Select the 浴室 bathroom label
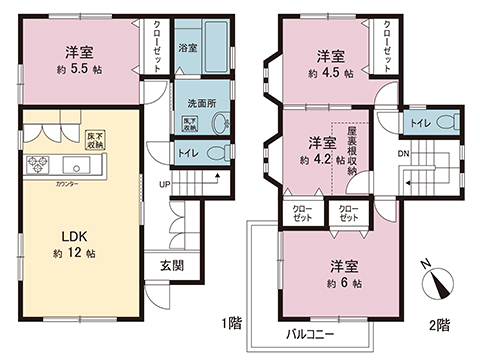click(187, 47)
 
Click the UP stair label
click(164, 183)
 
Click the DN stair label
click(404, 154)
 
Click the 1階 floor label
click(233, 321)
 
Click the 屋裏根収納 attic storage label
click(353, 151)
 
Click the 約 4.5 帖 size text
click(331, 75)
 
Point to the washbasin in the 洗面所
click(218, 123)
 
